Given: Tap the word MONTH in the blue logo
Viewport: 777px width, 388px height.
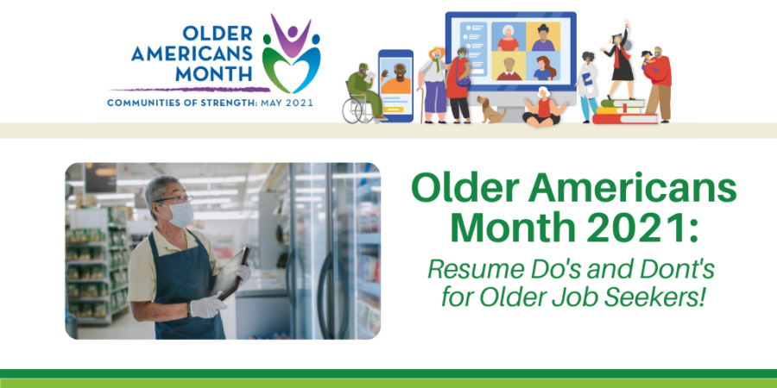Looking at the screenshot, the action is click(x=213, y=73).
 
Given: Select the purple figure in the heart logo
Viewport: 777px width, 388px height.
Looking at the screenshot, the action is click(x=291, y=35).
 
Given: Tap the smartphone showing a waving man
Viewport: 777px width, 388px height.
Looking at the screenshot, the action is click(x=395, y=85).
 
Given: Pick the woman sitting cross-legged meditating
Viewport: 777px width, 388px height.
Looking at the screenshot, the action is click(x=543, y=107).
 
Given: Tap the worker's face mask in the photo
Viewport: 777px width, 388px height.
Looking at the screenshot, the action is click(x=180, y=214).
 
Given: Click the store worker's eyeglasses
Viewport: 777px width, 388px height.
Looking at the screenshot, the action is click(x=174, y=199).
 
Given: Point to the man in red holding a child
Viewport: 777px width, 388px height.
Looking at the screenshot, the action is click(x=658, y=83).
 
